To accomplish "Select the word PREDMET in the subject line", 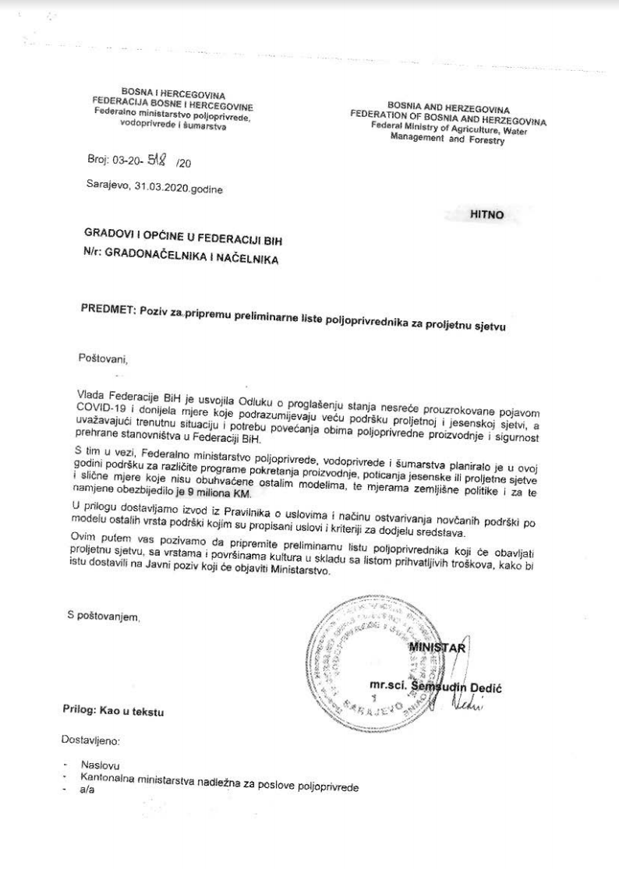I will coord(108,306).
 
